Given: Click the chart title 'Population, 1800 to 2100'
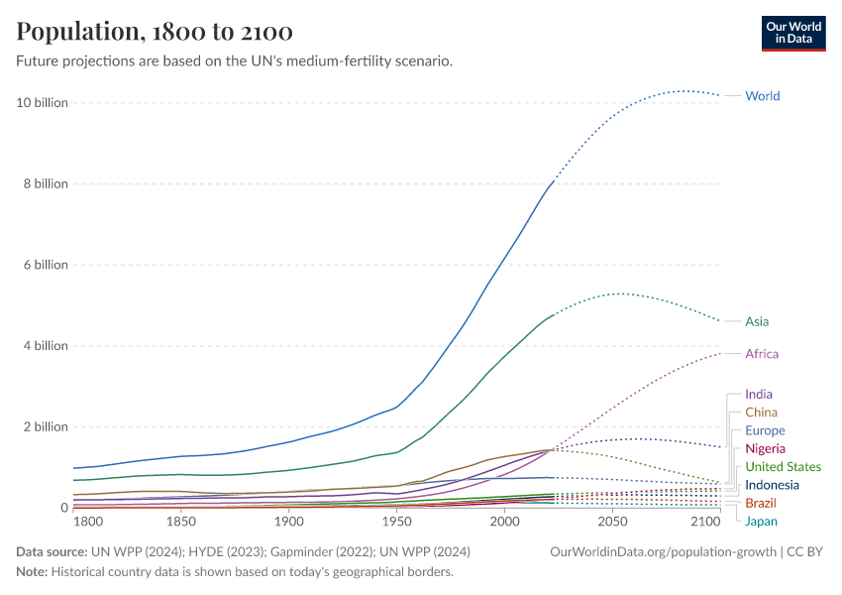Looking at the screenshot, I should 155,32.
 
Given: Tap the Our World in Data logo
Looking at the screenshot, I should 792,32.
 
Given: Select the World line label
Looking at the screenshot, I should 762,96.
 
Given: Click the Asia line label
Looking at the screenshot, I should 757,321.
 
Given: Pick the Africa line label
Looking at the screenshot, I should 762,354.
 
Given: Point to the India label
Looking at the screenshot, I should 759,395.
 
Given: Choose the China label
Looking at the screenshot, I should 761,413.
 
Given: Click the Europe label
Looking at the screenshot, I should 765,431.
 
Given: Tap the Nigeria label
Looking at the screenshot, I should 765,449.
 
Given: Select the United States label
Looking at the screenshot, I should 783,467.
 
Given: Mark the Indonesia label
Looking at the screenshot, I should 772,485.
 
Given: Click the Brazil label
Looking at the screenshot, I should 761,504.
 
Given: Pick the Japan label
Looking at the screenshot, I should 761,522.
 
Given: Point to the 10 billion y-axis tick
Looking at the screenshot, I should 42,103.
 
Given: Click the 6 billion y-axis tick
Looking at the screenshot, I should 45,265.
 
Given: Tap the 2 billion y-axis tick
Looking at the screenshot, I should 45,426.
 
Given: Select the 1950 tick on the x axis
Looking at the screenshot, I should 396,522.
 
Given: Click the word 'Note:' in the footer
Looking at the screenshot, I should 35,572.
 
